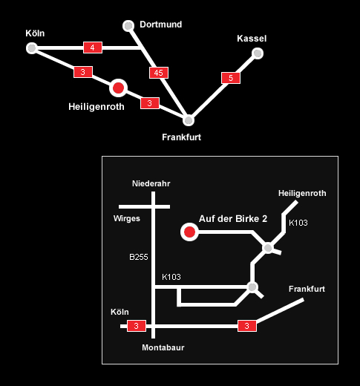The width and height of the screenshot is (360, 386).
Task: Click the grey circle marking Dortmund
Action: point(128,26)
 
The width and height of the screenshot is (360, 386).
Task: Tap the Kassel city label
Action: point(252,39)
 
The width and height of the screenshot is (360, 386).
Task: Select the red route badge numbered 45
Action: point(159,73)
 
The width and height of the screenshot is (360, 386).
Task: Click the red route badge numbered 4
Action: point(93,48)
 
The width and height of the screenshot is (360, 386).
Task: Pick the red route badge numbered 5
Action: point(231,78)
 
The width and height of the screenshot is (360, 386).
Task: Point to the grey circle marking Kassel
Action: point(258,53)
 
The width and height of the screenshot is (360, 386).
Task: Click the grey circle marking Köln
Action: point(32,48)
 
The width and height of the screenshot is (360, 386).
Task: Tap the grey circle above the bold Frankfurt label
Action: point(189,120)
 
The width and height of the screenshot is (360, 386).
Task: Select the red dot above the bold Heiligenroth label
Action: point(118,88)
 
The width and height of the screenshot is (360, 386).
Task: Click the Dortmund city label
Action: point(161,24)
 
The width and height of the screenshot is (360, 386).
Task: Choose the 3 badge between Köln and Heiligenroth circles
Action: point(83,72)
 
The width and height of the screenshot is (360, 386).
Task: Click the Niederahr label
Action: point(151,183)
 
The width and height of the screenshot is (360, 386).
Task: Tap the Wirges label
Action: point(127,218)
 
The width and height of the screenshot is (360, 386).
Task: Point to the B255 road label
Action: point(139,257)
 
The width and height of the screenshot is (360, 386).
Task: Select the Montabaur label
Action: point(163,347)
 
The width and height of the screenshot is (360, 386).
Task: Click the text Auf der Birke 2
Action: point(233,219)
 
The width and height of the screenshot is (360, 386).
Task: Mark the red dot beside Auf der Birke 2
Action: point(189,232)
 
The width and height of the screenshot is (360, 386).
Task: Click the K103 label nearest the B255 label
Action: point(171,277)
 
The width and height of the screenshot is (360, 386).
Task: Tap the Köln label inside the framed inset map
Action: point(120,312)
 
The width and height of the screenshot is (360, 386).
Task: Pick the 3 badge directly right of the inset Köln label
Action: point(137,326)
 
